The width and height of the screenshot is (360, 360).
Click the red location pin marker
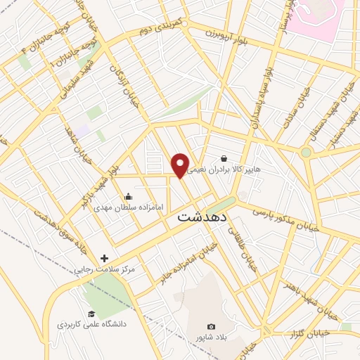tap(181, 165)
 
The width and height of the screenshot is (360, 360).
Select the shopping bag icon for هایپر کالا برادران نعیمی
tap(224, 159)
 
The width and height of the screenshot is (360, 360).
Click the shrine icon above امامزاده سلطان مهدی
tap(128, 197)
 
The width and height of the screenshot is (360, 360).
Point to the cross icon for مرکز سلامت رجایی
tap(105, 259)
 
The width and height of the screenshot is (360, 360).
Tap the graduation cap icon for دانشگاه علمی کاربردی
tap(91, 314)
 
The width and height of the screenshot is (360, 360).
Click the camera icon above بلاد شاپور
tap(211, 326)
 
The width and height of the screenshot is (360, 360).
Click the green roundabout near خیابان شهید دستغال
tap(306, 152)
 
